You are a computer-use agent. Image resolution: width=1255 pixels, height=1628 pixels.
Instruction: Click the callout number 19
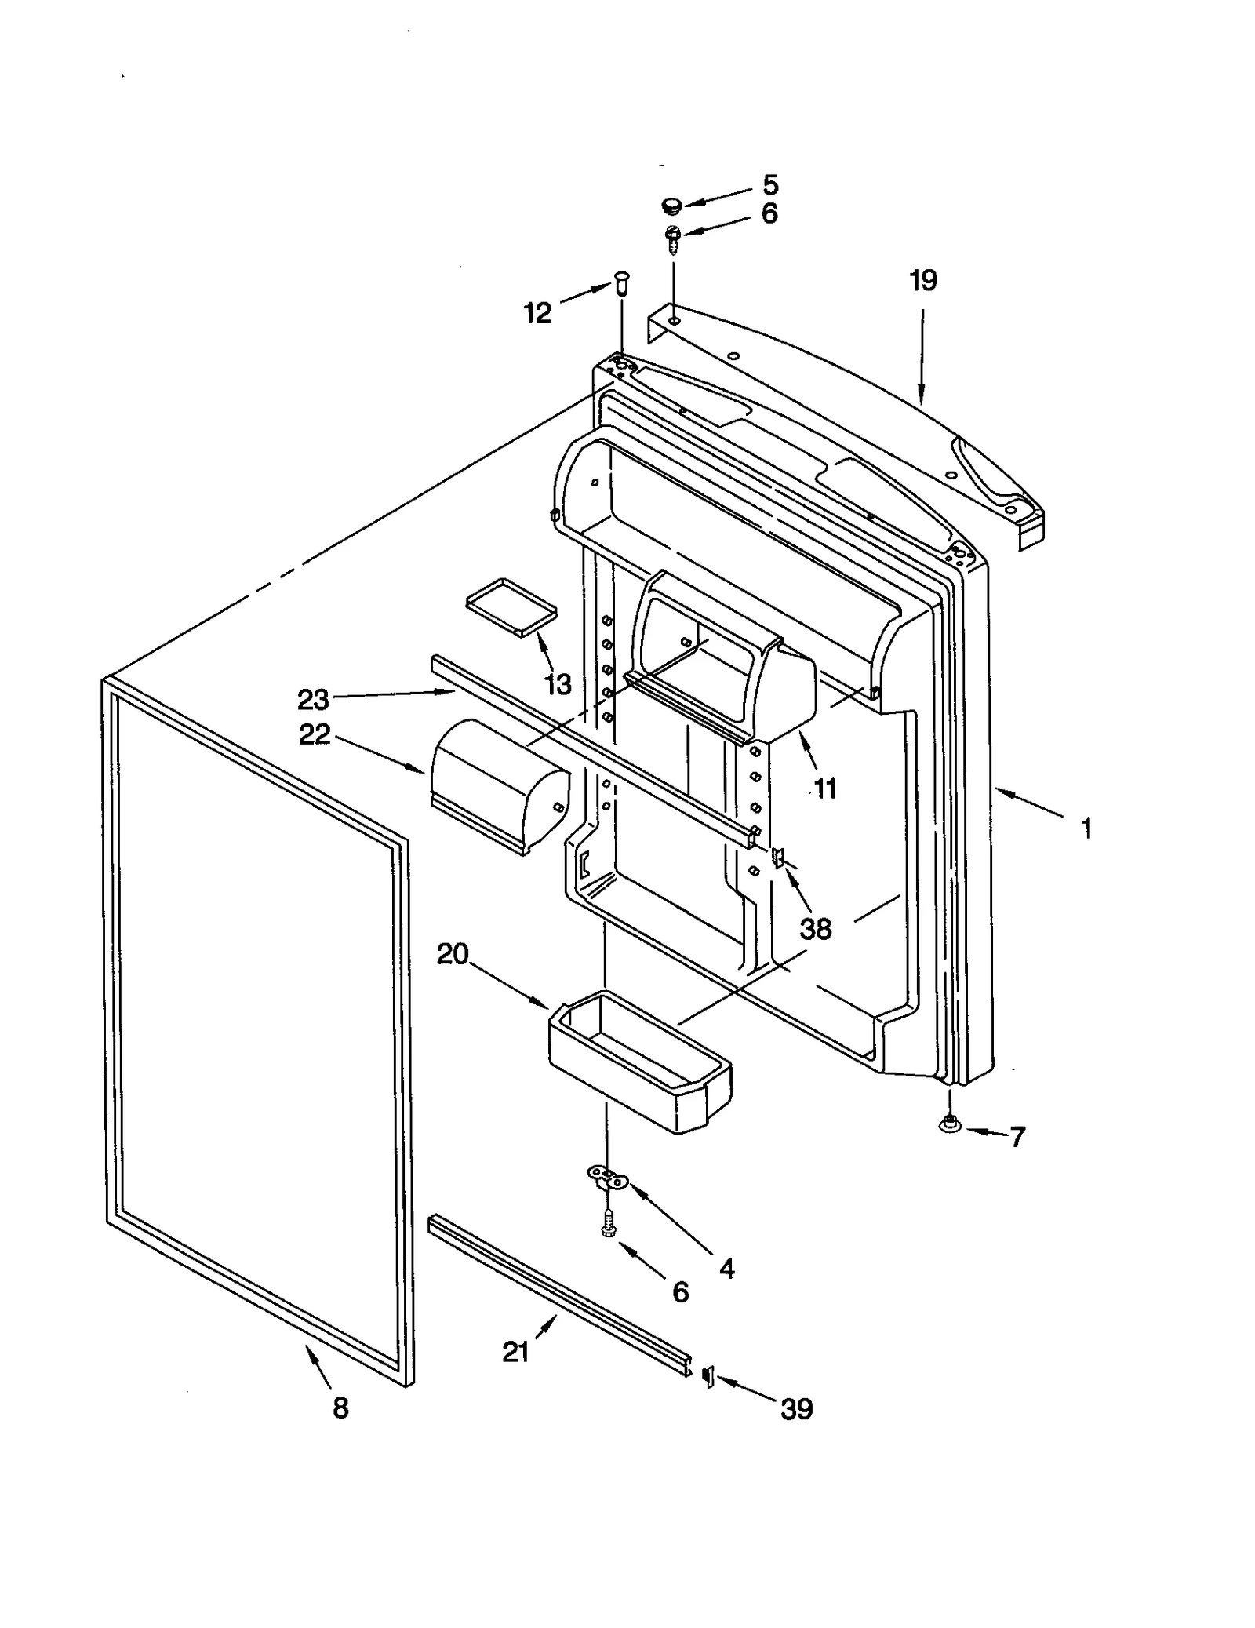tap(922, 280)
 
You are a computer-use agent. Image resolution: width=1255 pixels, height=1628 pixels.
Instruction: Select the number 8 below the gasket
tap(340, 1408)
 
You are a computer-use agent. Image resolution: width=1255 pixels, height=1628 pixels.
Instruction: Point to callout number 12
tap(537, 313)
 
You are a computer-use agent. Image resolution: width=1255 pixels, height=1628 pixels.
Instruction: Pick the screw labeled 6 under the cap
tap(672, 237)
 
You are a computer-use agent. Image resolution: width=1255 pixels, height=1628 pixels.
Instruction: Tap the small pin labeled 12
tap(623, 282)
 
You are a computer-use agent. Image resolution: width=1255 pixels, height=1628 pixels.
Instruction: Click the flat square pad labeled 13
tap(511, 606)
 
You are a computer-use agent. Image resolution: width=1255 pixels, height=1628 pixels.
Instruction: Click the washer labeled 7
tap(950, 1126)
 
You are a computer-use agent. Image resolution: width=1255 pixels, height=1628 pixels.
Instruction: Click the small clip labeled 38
tap(778, 858)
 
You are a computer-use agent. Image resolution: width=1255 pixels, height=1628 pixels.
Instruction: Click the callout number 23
tap(312, 698)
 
